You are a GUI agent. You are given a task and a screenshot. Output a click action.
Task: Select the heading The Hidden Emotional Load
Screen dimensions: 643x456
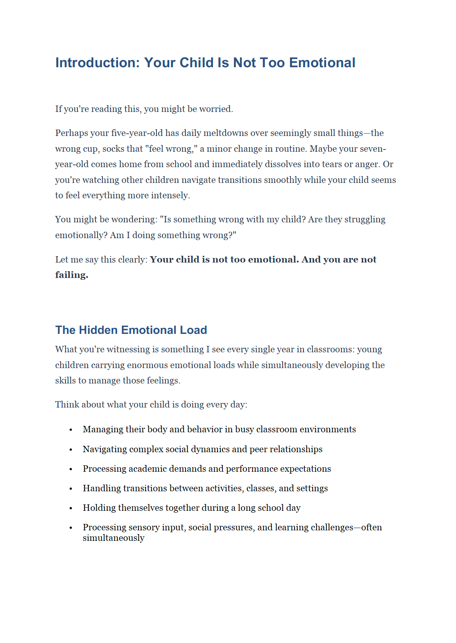click(x=131, y=330)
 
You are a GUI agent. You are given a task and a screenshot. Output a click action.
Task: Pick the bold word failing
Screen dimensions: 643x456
click(x=71, y=275)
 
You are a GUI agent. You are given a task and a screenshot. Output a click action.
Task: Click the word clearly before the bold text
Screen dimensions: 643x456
click(x=132, y=260)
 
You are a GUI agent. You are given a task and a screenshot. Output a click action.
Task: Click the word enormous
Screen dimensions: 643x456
click(x=147, y=365)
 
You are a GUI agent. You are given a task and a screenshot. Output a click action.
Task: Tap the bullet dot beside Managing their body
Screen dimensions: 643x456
click(x=71, y=430)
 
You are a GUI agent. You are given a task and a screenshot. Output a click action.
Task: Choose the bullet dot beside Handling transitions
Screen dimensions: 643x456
click(x=71, y=489)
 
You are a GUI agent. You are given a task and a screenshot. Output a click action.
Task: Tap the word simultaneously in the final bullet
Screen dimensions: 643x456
click(x=113, y=538)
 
